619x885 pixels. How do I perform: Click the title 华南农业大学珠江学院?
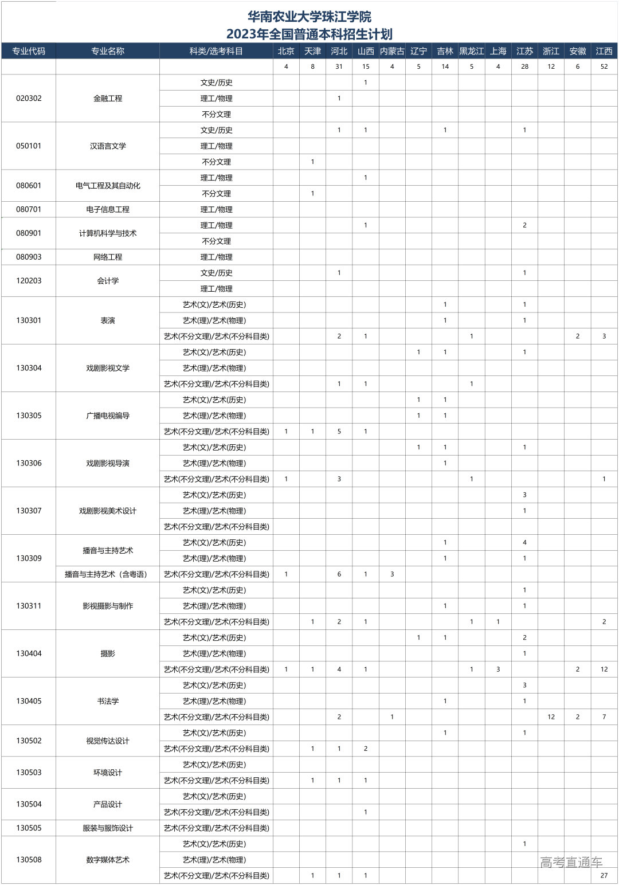309,17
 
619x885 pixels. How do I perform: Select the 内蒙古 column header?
392,51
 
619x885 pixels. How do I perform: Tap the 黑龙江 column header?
472,51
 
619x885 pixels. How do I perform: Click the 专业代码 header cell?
29,51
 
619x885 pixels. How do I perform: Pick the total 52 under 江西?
604,66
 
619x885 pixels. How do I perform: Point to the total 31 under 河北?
339,66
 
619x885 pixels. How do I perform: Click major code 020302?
29,98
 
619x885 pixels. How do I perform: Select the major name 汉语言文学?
108,146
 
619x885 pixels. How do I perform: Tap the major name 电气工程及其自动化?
108,185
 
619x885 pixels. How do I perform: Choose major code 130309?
29,558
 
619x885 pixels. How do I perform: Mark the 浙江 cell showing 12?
551,716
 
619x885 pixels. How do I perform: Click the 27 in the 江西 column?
604,875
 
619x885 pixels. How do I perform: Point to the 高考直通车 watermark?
571,862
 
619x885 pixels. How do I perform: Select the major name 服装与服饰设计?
108,828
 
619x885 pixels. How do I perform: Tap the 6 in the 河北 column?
339,574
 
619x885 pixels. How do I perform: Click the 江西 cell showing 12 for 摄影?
604,669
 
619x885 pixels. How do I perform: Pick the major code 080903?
29,257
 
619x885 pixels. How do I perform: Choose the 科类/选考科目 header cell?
216,51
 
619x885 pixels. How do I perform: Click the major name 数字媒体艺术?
108,859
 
